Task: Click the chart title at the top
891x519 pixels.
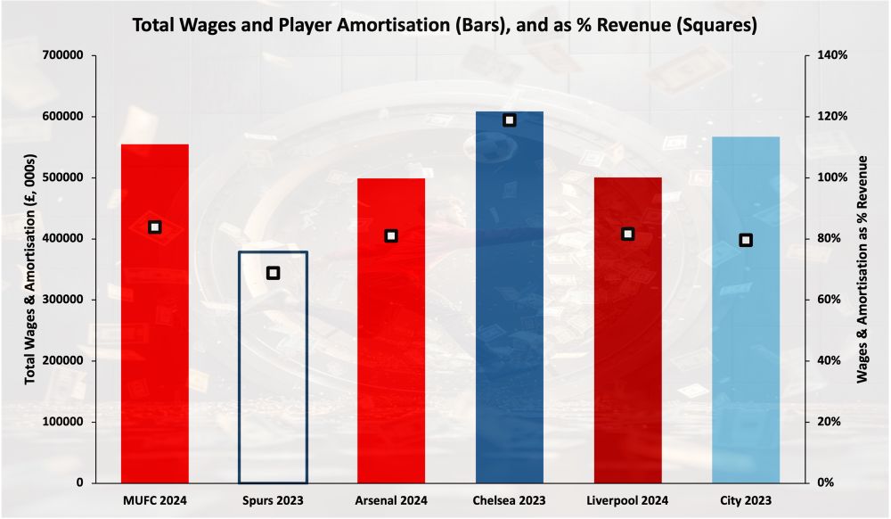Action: pyautogui.click(x=445, y=25)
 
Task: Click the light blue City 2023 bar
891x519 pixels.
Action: pyautogui.click(x=746, y=357)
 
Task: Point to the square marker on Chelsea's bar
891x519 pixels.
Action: pyautogui.click(x=510, y=119)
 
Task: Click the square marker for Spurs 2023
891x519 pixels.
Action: pyautogui.click(x=273, y=273)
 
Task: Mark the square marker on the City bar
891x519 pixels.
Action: pyautogui.click(x=746, y=240)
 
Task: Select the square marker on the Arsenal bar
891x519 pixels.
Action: pyautogui.click(x=391, y=236)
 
